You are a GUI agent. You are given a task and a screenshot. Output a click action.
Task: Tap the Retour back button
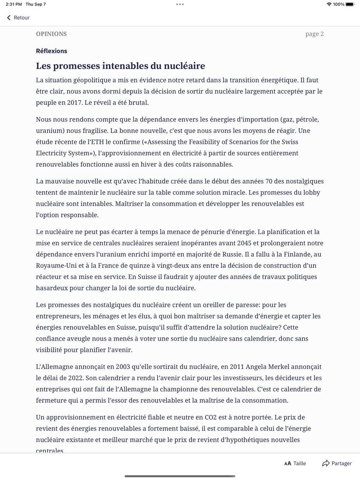[x=18, y=18]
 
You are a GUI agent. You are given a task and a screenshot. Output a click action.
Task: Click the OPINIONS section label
[x=51, y=34]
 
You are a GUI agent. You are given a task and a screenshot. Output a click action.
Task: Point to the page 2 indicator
[x=314, y=34]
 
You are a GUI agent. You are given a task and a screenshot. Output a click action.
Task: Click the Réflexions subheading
[x=51, y=51]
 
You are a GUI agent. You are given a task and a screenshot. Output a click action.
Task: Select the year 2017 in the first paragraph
[x=75, y=103]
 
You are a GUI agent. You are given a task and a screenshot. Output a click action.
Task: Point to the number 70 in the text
[x=269, y=181]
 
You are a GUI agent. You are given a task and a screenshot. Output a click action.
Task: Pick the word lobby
[x=311, y=193]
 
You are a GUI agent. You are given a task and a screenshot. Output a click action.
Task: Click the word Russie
[x=232, y=254]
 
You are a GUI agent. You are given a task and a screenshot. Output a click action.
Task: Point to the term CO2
[x=211, y=417]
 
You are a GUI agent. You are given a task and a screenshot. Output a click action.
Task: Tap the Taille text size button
[x=295, y=463]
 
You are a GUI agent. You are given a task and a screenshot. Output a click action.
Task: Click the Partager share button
[x=337, y=463]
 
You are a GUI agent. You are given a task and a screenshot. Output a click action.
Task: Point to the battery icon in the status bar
[x=350, y=4]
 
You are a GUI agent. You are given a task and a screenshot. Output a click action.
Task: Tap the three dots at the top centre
[x=180, y=4]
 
